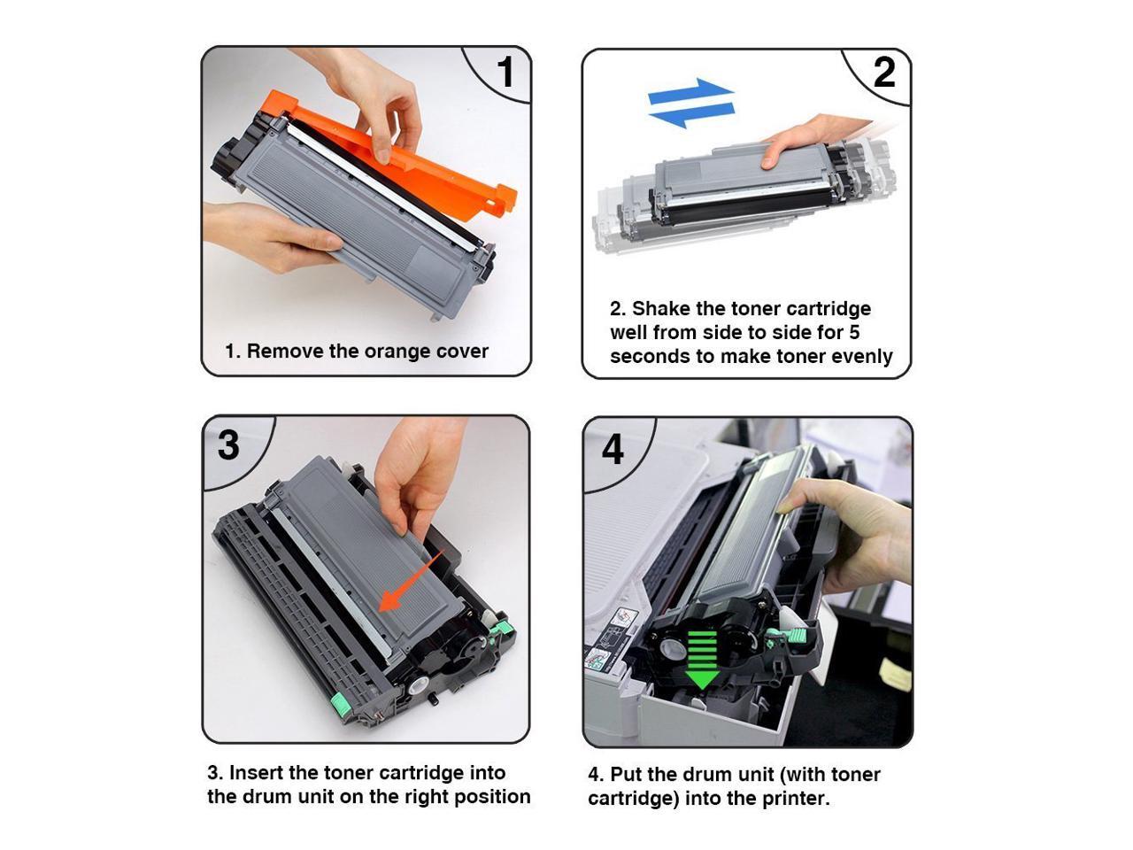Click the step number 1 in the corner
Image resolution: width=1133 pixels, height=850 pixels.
505,73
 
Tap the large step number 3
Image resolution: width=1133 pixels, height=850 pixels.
228,445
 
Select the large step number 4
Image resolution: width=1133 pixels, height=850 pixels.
613,450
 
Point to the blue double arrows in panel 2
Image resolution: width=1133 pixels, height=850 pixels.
690,102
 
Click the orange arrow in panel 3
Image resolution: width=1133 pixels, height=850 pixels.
410,581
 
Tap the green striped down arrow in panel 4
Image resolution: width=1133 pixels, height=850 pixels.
702,660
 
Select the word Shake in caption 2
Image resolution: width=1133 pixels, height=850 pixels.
661,309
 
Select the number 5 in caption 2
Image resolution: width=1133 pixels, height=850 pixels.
853,333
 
